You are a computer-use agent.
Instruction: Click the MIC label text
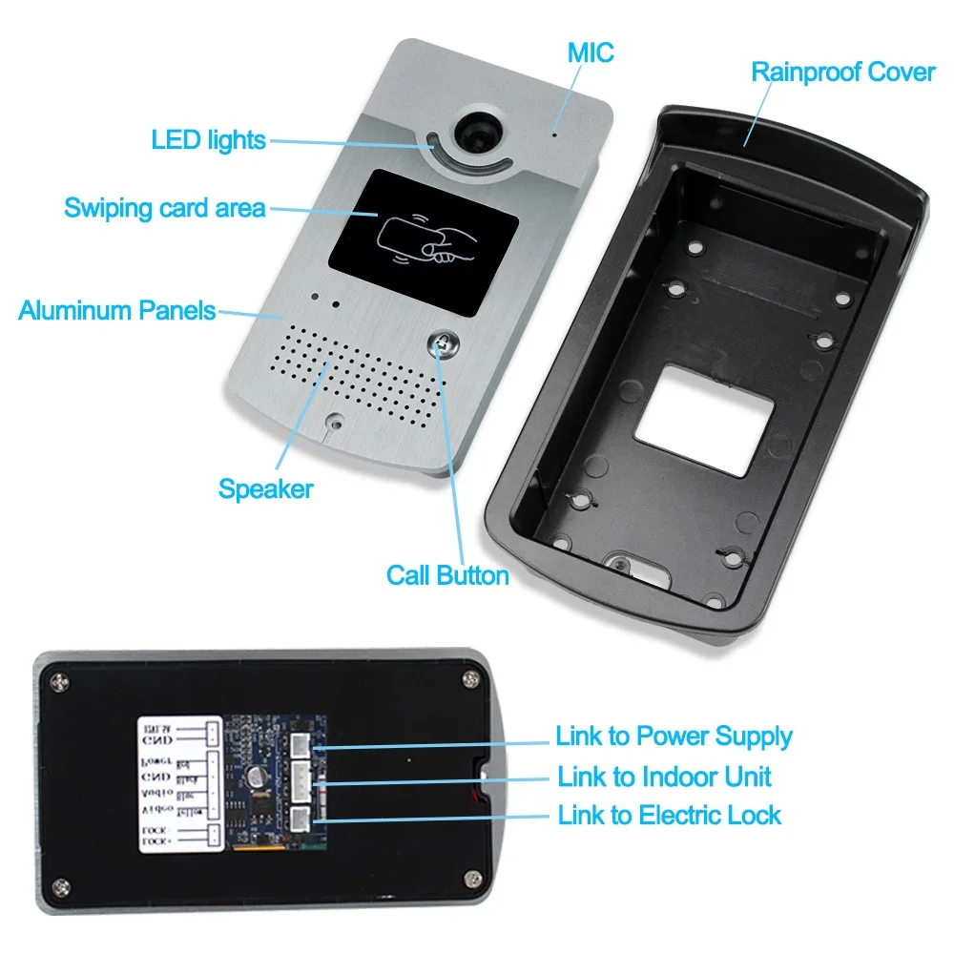point(591,52)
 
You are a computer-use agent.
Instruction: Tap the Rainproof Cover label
point(842,72)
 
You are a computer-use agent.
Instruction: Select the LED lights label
point(208,140)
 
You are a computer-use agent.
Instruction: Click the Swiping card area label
point(164,207)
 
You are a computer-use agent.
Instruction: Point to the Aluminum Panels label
point(116,310)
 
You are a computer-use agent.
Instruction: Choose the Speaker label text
point(265,489)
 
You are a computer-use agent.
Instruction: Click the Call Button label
point(447,575)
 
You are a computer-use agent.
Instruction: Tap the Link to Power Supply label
point(674,736)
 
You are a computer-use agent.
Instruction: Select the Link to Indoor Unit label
point(665,777)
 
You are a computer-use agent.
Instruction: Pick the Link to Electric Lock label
point(669,816)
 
